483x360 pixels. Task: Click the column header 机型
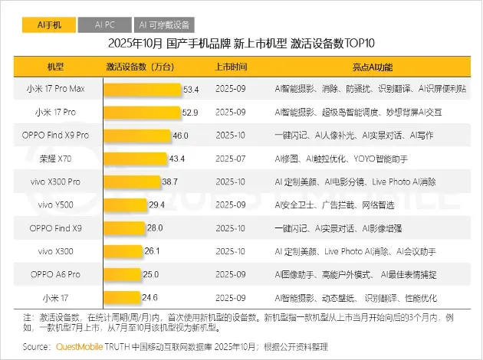click(x=56, y=67)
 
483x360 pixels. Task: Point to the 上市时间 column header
click(x=232, y=67)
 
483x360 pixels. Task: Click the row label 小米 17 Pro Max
click(x=56, y=90)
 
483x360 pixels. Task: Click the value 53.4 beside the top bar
click(x=191, y=90)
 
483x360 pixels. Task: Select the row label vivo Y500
click(x=56, y=205)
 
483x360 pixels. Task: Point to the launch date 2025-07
click(x=232, y=159)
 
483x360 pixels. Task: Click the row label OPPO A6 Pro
click(x=56, y=274)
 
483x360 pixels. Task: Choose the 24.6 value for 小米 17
click(x=149, y=297)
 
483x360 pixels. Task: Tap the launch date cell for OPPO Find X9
click(x=232, y=228)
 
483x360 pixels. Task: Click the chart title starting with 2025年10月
click(x=241, y=43)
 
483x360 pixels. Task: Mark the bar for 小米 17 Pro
click(x=142, y=113)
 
